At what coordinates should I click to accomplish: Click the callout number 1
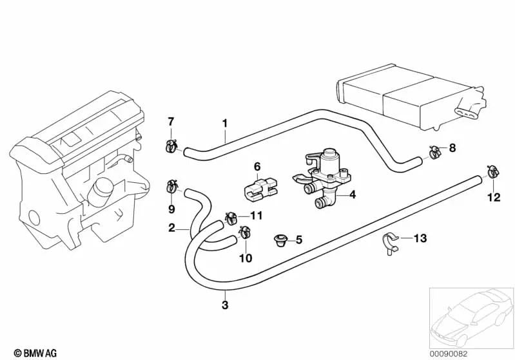click(x=225, y=122)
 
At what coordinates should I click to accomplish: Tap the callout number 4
click(x=353, y=194)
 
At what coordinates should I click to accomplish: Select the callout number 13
click(x=420, y=238)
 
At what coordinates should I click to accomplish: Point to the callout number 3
click(x=224, y=305)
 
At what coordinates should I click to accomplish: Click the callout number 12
click(x=493, y=198)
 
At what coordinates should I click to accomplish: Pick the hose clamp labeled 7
click(x=171, y=145)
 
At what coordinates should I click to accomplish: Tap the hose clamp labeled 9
click(x=172, y=187)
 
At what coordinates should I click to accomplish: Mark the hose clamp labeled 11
click(x=230, y=218)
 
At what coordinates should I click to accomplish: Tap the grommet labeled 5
click(x=280, y=241)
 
